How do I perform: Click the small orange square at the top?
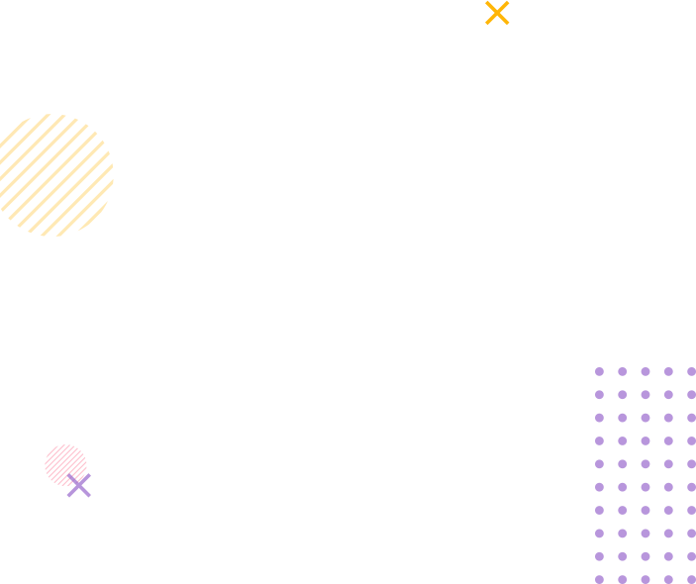(x=497, y=12)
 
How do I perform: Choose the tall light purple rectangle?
(x=644, y=474)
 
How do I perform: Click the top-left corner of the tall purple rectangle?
(x=594, y=366)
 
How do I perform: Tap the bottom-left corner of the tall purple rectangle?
(x=594, y=583)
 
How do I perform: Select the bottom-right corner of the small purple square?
(x=91, y=498)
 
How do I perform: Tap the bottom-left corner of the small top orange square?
(x=485, y=26)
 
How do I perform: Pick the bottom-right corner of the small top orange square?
(x=510, y=26)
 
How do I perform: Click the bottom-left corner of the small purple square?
(x=66, y=498)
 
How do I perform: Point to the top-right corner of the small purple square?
(x=91, y=473)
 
